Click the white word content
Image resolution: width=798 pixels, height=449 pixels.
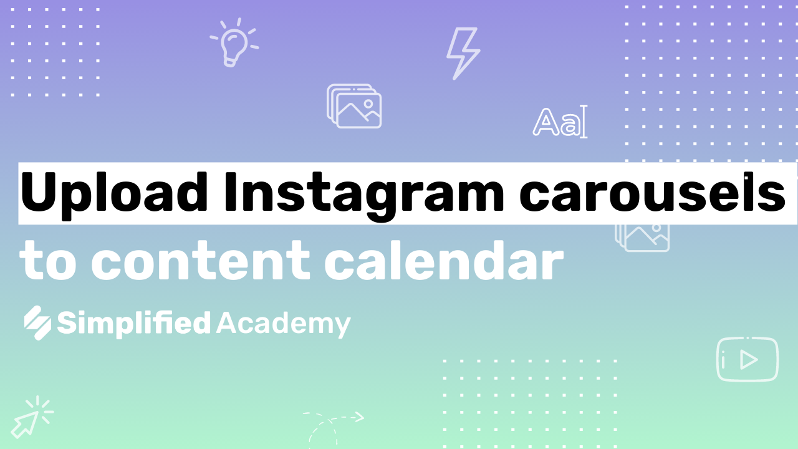[201, 260]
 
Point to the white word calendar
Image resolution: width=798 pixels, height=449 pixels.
[444, 260]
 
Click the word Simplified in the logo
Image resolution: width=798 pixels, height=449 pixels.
[134, 324]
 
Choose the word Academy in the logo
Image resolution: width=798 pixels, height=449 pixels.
[284, 324]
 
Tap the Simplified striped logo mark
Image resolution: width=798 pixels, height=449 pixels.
[37, 323]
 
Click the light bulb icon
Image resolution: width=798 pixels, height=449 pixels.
[234, 42]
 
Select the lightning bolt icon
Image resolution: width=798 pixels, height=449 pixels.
[463, 54]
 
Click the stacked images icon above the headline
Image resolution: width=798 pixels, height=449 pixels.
[354, 106]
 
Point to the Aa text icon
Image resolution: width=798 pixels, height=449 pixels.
[560, 122]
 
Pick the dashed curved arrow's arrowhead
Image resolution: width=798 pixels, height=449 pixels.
[359, 417]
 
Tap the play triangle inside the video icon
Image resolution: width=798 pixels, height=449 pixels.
[749, 360]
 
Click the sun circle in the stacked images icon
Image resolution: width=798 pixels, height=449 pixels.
[368, 104]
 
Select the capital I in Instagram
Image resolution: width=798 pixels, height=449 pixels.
[231, 193]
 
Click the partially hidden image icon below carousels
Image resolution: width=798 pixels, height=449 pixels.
[642, 238]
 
